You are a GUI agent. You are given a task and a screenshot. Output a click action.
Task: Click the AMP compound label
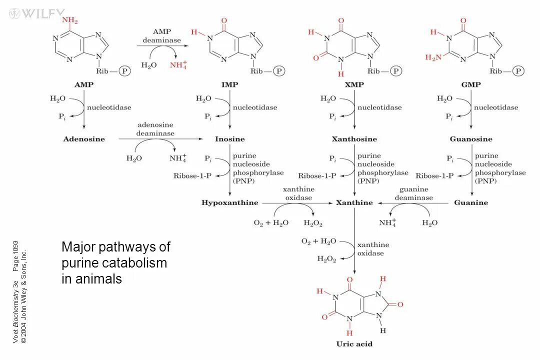tap(84, 84)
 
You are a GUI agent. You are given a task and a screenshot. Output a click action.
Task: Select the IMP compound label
tap(229, 84)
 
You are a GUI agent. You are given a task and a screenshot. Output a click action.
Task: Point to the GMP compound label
tap(471, 84)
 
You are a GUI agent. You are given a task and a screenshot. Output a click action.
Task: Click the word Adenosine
tap(84, 139)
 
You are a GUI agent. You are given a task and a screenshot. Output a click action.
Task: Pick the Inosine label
tap(229, 139)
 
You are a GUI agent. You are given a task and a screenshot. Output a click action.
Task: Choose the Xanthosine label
tap(354, 139)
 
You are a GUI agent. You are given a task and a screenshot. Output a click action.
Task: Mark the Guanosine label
tap(471, 139)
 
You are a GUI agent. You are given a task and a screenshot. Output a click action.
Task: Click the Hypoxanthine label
tap(229, 202)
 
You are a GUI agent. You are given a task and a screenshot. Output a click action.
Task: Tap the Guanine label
tap(471, 202)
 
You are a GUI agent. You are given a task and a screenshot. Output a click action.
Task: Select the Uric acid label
tap(354, 343)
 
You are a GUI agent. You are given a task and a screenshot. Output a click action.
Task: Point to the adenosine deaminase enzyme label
tap(155, 129)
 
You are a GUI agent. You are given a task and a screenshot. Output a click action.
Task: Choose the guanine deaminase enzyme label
tap(413, 193)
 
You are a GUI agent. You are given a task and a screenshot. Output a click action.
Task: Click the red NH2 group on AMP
tap(70, 20)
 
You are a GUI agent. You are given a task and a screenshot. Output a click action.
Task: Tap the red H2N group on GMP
tap(433, 57)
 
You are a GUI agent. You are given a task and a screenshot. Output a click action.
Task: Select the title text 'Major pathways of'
tap(115, 247)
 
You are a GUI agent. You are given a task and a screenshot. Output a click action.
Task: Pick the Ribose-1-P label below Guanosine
tap(434, 175)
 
